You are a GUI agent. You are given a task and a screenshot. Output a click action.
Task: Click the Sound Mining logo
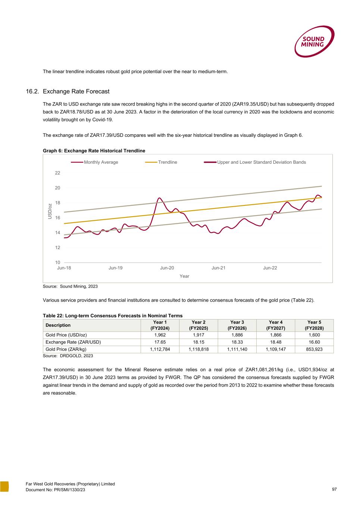pyautogui.click(x=314, y=42)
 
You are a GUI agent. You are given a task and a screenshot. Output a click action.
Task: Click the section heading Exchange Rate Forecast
pyautogui.click(x=76, y=91)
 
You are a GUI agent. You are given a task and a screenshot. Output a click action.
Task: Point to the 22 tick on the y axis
pyautogui.click(x=57, y=173)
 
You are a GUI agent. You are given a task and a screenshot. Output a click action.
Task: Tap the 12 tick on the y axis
pyautogui.click(x=57, y=248)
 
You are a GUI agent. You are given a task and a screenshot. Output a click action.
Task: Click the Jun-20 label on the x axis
pyautogui.click(x=167, y=268)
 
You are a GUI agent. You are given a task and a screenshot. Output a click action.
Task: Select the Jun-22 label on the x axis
pyautogui.click(x=270, y=268)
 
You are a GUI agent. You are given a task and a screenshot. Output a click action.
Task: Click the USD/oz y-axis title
pyautogui.click(x=50, y=211)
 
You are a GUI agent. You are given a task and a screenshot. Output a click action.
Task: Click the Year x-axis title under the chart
pyautogui.click(x=184, y=276)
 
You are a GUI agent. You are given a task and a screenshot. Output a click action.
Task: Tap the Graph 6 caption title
pyautogui.click(x=94, y=151)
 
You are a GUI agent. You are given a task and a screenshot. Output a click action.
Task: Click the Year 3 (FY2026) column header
pyautogui.click(x=237, y=325)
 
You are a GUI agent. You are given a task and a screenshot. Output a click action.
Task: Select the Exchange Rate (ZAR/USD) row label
pyautogui.click(x=73, y=342)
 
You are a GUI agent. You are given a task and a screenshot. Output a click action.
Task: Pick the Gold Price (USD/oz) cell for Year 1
pyautogui.click(x=160, y=335)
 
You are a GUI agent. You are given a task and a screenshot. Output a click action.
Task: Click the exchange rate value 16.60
pyautogui.click(x=314, y=342)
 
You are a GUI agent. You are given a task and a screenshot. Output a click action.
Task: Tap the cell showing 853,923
pyautogui.click(x=314, y=349)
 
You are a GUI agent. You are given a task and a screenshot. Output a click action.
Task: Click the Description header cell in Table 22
pyautogui.click(x=58, y=325)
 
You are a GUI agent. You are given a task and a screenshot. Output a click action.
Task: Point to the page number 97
pyautogui.click(x=334, y=489)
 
